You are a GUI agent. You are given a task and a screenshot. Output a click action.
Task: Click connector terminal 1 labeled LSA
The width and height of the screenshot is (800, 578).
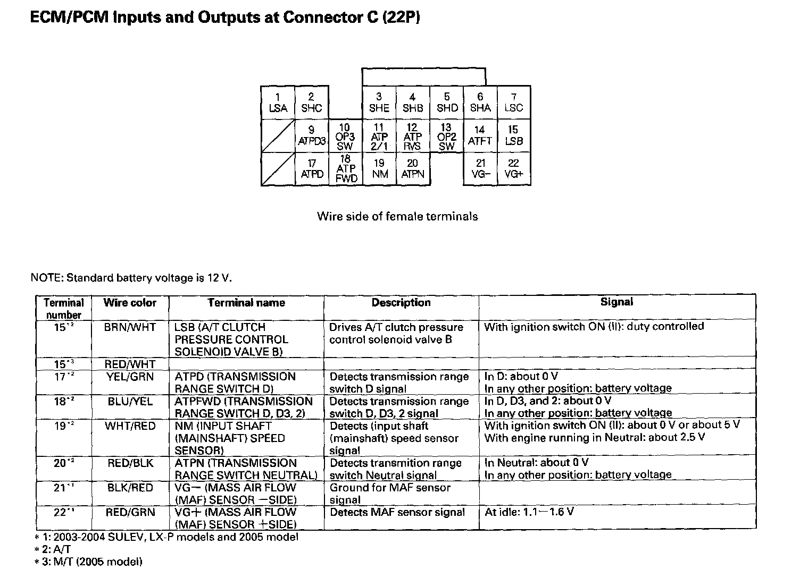click(278, 103)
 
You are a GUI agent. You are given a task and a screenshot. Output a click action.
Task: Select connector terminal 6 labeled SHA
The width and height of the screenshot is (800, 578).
click(480, 103)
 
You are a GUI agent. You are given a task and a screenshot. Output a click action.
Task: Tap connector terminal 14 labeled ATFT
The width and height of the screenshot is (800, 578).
click(480, 136)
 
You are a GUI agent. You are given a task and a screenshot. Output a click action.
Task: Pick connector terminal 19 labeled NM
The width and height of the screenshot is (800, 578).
click(379, 169)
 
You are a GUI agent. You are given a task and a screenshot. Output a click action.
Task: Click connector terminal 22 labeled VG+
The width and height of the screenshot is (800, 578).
click(514, 169)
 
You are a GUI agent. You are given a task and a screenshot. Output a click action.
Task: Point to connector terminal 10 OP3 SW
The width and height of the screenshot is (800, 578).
click(345, 137)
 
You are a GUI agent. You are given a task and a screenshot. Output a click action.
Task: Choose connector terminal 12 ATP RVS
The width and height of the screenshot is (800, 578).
click(413, 137)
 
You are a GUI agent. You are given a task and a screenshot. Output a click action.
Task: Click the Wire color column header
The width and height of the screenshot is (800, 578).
click(130, 303)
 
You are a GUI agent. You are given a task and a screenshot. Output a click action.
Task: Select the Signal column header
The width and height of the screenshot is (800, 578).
click(616, 302)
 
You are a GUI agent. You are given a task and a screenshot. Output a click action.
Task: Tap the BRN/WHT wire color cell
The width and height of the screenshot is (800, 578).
click(130, 327)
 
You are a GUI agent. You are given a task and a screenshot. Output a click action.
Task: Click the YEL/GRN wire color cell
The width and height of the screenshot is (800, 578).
click(130, 377)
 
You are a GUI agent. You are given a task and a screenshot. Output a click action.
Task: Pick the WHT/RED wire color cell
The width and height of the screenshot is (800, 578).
click(130, 426)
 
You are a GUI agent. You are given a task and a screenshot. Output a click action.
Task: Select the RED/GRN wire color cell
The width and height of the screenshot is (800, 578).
click(130, 512)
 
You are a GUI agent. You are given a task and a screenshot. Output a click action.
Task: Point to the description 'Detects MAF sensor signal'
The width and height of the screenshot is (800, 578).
click(397, 512)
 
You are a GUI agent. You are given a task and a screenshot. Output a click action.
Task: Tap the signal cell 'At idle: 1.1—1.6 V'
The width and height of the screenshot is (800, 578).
click(529, 512)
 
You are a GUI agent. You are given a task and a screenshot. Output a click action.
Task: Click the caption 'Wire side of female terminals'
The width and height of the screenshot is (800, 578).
click(397, 216)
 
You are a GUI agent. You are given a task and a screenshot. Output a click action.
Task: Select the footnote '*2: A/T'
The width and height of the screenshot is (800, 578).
click(52, 549)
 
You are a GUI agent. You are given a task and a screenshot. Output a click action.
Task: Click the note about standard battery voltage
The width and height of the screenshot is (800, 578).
click(131, 277)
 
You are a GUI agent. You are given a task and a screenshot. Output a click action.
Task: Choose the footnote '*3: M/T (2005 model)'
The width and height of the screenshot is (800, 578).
click(88, 562)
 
